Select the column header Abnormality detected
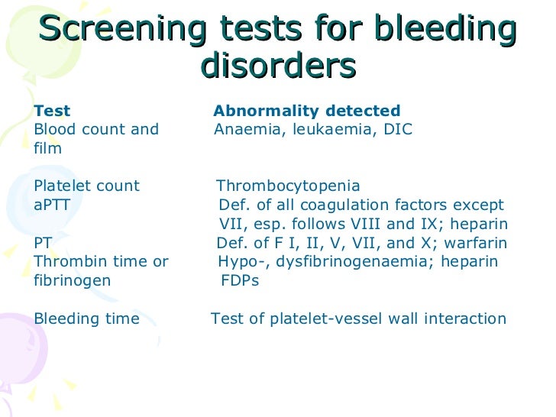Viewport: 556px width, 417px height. pos(306,111)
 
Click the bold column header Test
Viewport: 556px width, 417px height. pos(52,111)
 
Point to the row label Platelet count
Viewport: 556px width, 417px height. pos(87,186)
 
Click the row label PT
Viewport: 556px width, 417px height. pos(44,244)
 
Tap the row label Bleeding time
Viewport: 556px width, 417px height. pos(87,319)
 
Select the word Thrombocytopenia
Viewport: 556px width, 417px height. pos(288,186)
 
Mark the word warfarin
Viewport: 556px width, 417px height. pos(478,244)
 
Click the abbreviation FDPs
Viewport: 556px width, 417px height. pos(239,281)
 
